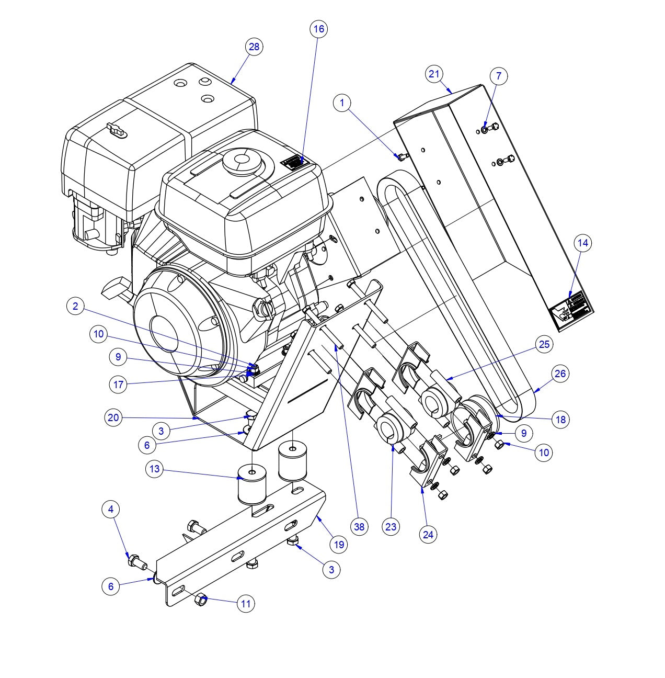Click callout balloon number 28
(x=254, y=47)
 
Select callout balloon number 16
(x=318, y=29)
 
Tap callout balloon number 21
(x=434, y=74)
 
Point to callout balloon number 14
(x=583, y=243)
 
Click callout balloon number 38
(x=359, y=527)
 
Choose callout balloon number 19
(x=339, y=544)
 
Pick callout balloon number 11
(x=246, y=604)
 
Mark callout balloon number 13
(x=154, y=469)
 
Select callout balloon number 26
(x=560, y=374)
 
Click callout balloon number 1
(x=342, y=103)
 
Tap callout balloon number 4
(x=110, y=509)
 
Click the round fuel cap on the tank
(x=241, y=161)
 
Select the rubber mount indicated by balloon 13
(x=251, y=485)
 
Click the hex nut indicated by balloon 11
(x=201, y=600)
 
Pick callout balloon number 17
(x=119, y=385)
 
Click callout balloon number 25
(x=544, y=344)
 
